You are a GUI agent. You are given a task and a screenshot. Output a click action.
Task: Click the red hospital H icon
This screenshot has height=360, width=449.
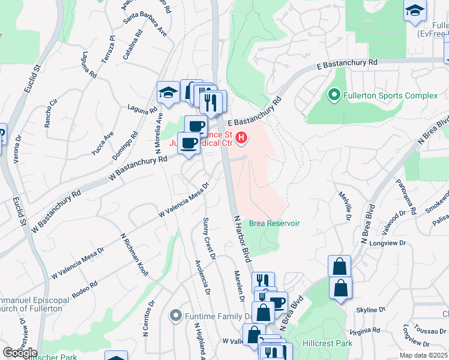tap(241, 139)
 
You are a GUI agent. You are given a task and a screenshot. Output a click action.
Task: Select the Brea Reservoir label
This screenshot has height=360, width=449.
tap(274, 223)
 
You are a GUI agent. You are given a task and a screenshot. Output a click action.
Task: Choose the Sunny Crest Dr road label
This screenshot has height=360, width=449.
tap(209, 239)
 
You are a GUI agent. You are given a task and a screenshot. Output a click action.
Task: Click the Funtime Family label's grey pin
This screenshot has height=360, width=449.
tap(175, 314)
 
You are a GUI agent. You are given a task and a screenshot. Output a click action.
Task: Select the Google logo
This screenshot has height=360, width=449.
tap(20, 352)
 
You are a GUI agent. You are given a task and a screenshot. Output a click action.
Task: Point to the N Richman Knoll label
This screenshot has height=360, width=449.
tap(134, 255)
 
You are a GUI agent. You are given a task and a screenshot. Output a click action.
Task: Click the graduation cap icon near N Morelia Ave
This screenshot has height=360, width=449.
tap(168, 93)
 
